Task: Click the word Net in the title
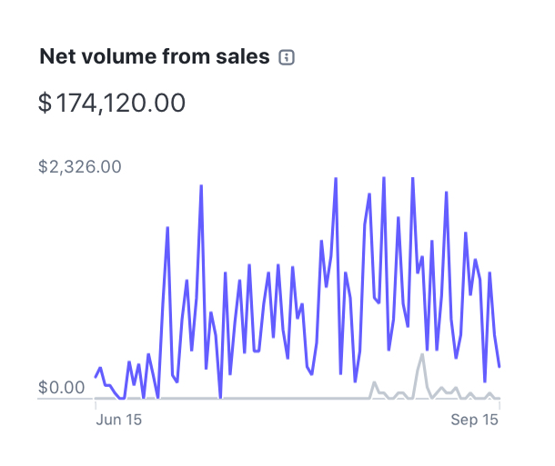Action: click(55, 57)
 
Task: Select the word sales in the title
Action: click(244, 57)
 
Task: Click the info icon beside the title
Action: click(287, 58)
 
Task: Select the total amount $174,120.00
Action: click(112, 103)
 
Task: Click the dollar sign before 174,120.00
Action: click(45, 103)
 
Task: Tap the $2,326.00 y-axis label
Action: click(80, 167)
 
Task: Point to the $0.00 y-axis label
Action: click(62, 388)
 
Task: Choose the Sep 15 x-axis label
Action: click(476, 421)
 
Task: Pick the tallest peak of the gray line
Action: click(422, 354)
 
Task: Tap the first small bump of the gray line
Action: click(373, 383)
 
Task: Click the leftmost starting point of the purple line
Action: click(96, 377)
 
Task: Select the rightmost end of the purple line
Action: click(499, 367)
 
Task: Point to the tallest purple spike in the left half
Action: click(201, 186)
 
